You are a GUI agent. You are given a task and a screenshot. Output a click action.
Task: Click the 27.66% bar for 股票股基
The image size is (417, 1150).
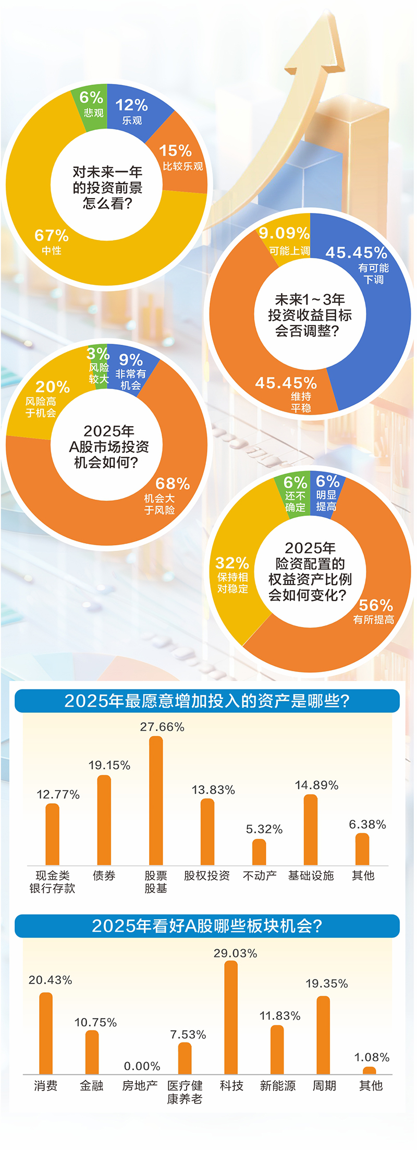pyautogui.click(x=156, y=800)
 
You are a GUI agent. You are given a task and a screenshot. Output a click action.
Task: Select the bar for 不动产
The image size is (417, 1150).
pyautogui.click(x=259, y=852)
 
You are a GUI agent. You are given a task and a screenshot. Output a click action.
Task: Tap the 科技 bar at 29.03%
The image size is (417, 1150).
pyautogui.click(x=231, y=1017)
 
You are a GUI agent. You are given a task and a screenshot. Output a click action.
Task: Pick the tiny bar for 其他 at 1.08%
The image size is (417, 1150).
pyautogui.click(x=370, y=1071)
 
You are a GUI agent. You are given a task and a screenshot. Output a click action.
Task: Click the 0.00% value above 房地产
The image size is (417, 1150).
pyautogui.click(x=142, y=1066)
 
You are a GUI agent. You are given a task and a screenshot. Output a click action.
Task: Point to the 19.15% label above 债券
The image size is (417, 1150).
pyautogui.click(x=109, y=765)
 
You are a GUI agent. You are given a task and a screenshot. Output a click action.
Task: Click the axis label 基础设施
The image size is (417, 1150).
pyautogui.click(x=311, y=876)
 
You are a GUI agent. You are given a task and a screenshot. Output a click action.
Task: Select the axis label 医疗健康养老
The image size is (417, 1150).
pyautogui.click(x=185, y=1092)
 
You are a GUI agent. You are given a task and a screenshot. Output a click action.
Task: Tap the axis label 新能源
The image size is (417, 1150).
pyautogui.click(x=277, y=1086)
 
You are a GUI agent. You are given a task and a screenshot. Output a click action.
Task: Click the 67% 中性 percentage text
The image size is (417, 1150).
pyautogui.click(x=52, y=236)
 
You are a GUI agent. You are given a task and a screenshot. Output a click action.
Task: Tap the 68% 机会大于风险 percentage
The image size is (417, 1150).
pyautogui.click(x=173, y=484)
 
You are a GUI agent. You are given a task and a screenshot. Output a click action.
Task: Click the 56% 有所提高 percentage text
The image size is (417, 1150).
pyautogui.click(x=376, y=606)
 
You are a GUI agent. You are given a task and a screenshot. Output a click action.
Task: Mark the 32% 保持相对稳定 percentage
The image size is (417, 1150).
pyautogui.click(x=232, y=563)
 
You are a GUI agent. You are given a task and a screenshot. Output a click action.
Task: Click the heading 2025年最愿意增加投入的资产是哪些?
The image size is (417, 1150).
pyautogui.click(x=207, y=701)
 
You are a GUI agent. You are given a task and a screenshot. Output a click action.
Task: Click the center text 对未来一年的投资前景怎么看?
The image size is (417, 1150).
pyautogui.click(x=107, y=188)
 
